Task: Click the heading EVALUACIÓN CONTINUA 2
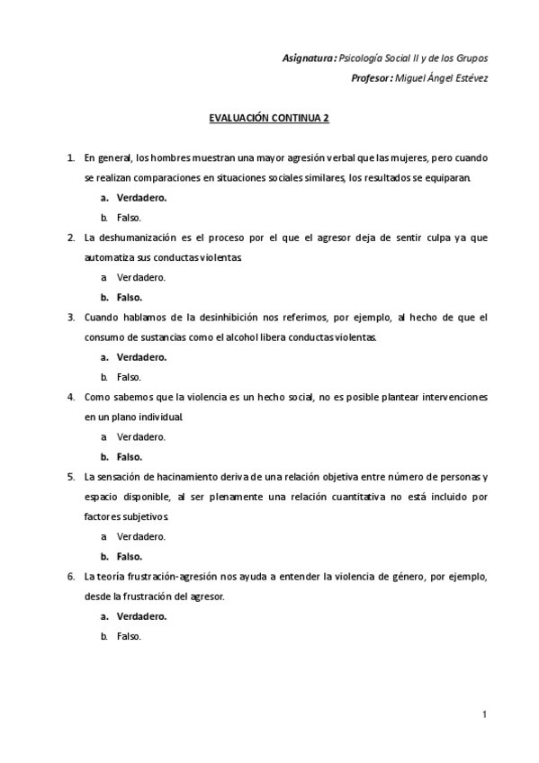(x=268, y=118)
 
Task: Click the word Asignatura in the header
(x=310, y=58)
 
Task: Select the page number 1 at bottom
(x=484, y=715)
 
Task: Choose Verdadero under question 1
(x=142, y=198)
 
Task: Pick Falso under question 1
(x=129, y=218)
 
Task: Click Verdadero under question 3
(x=142, y=357)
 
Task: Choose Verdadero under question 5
(x=140, y=536)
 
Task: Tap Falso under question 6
(x=129, y=636)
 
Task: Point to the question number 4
(x=71, y=397)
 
